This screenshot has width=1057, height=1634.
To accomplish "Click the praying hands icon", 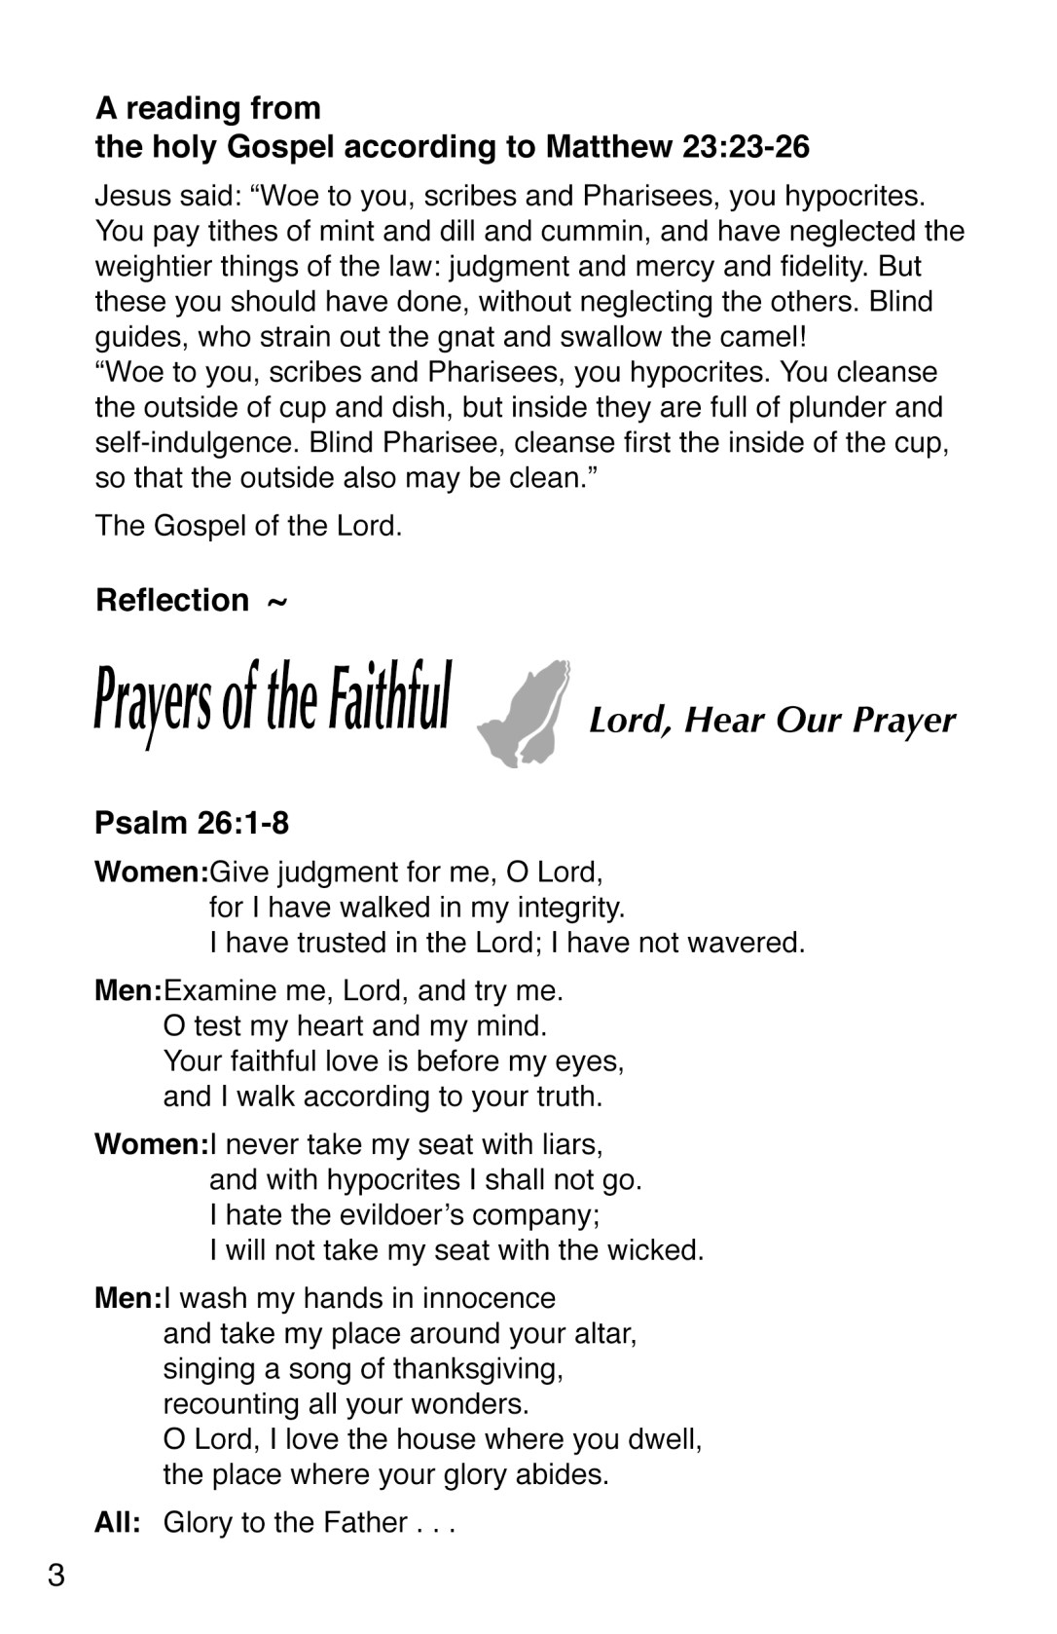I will tap(522, 714).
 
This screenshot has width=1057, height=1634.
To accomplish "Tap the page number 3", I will tap(55, 1576).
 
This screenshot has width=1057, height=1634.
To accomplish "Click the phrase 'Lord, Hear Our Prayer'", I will tap(772, 722).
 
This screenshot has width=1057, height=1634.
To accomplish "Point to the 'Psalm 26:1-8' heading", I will tap(192, 824).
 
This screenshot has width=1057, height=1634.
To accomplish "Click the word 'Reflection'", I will tap(172, 601).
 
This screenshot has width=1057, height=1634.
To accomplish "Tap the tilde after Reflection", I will tap(276, 603).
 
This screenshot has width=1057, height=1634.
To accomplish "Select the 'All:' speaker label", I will tap(118, 1523).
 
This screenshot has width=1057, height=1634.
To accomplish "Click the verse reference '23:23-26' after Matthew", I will tap(746, 147).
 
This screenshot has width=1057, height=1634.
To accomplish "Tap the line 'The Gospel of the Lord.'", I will tap(248, 527).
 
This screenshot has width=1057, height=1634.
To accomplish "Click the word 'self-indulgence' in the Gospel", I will tap(197, 443).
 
